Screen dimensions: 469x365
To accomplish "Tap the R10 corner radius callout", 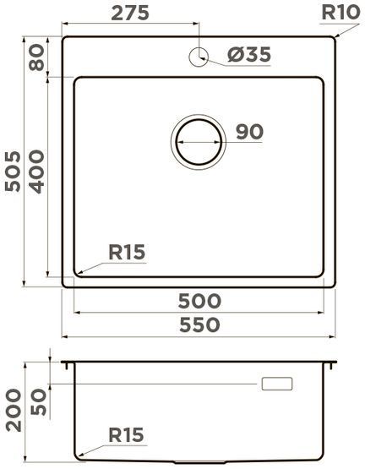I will coord(341,13).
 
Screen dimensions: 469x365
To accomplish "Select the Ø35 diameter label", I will coord(249,56).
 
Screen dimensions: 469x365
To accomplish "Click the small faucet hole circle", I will coord(200,56).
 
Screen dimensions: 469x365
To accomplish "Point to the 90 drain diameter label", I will coord(250,132).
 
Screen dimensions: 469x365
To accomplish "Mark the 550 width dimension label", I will coord(199,324).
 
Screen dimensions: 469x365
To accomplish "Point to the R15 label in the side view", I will coord(128,435).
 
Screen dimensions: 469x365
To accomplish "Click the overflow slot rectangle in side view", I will coord(277,384).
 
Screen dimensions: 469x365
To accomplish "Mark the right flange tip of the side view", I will coord(335,364).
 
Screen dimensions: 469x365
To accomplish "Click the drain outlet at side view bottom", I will coord(199,464).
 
